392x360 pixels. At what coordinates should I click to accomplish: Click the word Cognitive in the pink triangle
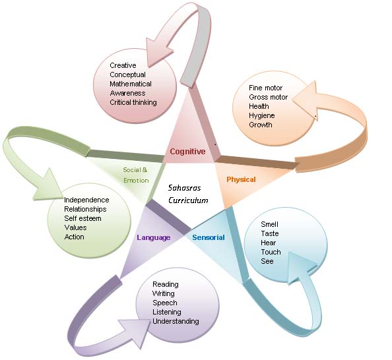(x=187, y=152)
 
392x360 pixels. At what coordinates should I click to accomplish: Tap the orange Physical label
(x=241, y=179)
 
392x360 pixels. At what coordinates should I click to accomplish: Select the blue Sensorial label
(x=209, y=237)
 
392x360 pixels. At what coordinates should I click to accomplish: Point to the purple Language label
(x=154, y=237)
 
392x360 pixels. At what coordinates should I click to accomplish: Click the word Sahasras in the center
(x=184, y=188)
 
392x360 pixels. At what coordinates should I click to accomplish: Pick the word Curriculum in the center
(x=188, y=200)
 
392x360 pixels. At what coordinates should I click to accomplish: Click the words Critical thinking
(x=133, y=102)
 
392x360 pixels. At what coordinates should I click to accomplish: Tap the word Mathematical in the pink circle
(x=131, y=84)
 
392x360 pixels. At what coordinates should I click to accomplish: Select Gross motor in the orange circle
(x=268, y=97)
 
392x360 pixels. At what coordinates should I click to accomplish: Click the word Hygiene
(x=262, y=115)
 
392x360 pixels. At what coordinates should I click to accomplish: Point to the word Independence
(x=86, y=200)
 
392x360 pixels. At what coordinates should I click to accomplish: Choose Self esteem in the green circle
(x=82, y=218)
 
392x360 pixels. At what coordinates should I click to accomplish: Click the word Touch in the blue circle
(x=271, y=252)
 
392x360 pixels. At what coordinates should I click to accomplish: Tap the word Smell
(x=269, y=224)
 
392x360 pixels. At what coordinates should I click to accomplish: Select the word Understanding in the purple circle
(x=176, y=321)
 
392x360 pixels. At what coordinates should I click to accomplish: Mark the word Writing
(x=164, y=293)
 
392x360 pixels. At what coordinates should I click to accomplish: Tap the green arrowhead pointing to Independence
(x=49, y=186)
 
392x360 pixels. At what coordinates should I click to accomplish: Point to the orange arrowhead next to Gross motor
(x=307, y=100)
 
